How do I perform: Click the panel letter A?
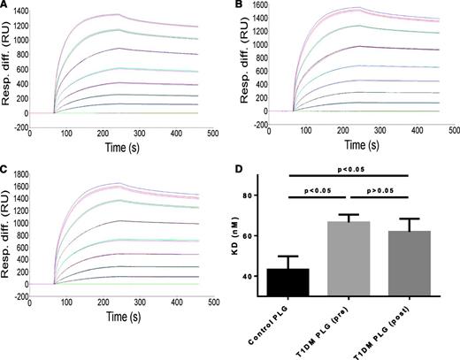5,6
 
